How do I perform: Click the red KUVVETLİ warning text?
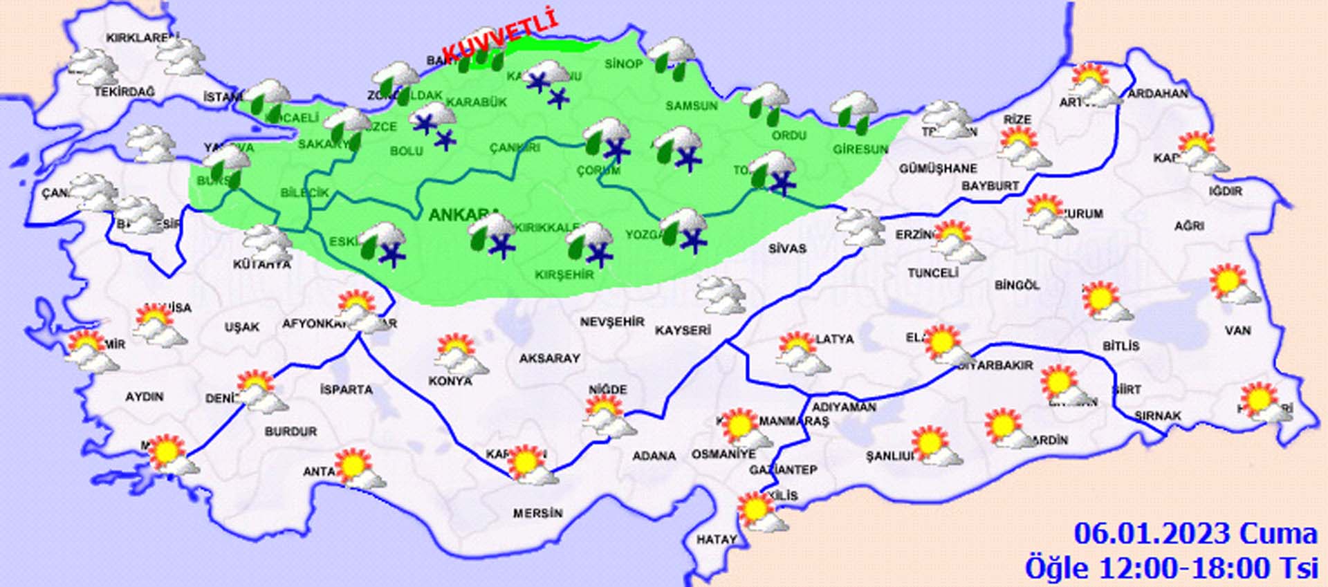[499, 34]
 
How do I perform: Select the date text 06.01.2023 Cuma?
[1195, 534]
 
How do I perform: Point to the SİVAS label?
[787, 248]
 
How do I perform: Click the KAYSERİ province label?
[683, 330]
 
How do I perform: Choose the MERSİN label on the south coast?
[537, 513]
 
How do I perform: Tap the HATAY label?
[716, 539]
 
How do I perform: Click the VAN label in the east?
[1237, 330]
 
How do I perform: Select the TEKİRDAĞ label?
[124, 91]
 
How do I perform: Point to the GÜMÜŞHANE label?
[938, 168]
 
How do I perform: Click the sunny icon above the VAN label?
[1233, 284]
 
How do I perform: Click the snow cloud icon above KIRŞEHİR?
[590, 243]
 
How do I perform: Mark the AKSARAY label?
[549, 358]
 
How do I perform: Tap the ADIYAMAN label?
[844, 407]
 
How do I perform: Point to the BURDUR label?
[290, 431]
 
